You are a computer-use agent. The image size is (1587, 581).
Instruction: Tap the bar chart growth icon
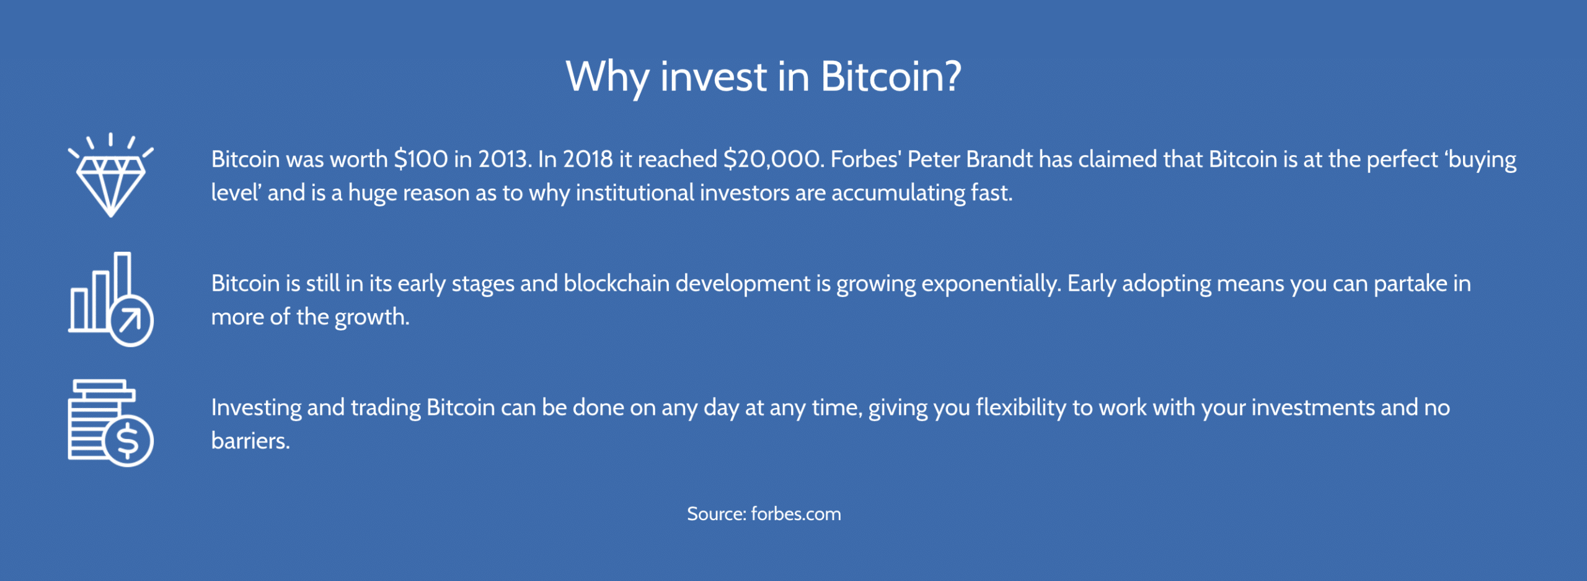tap(111, 299)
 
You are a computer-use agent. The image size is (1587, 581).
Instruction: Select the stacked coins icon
tap(111, 423)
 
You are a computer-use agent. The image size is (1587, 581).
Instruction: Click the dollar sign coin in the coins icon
tap(128, 441)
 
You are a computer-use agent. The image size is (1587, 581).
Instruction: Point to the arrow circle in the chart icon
tap(130, 321)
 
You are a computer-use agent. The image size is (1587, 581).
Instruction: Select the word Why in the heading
tap(608, 78)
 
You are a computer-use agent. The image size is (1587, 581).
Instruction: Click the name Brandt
tap(999, 159)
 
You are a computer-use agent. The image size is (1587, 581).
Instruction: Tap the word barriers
tap(250, 441)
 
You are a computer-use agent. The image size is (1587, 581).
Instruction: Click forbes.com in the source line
tap(796, 514)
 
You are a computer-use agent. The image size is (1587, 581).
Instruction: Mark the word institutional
tap(635, 193)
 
